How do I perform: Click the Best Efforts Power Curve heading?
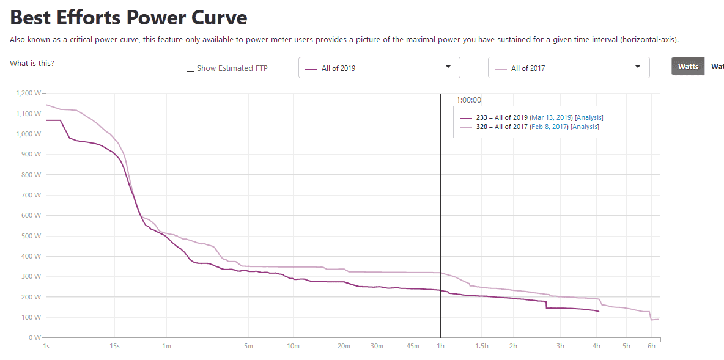tap(128, 17)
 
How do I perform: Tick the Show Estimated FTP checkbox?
tap(190, 68)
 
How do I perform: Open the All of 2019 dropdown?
tap(379, 68)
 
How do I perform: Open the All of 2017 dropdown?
tap(569, 68)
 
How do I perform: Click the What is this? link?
tap(32, 64)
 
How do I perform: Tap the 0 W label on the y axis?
tap(35, 337)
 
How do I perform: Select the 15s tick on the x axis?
tap(114, 347)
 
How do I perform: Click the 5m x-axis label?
tap(248, 347)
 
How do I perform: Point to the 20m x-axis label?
tap(344, 347)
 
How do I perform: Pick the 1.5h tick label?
tap(482, 347)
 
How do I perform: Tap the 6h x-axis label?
tap(652, 347)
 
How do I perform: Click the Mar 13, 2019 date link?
tap(551, 117)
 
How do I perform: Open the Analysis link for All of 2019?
tap(589, 117)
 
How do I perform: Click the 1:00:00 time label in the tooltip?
tap(469, 100)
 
